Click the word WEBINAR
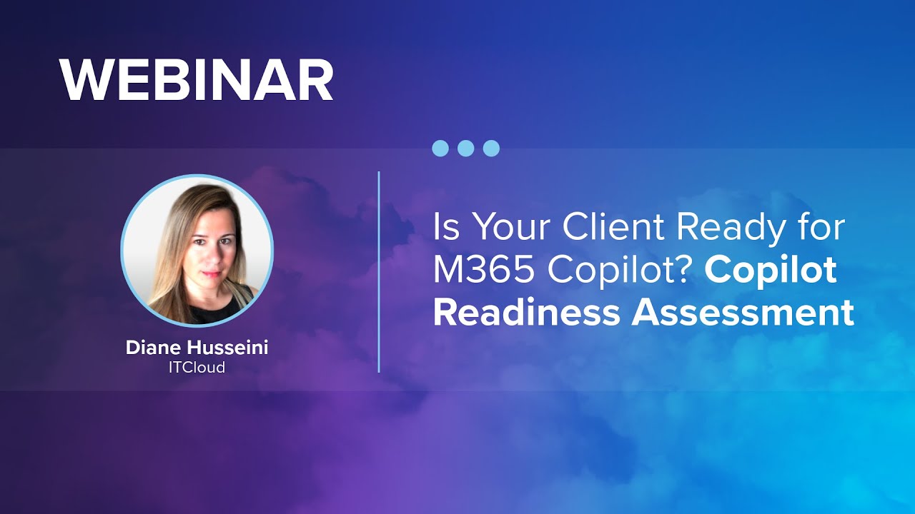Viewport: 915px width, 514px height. pyautogui.click(x=197, y=80)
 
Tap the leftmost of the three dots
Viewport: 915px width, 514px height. pyautogui.click(x=440, y=148)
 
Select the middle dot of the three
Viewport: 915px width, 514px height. pyautogui.click(x=465, y=148)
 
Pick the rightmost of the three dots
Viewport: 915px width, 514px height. pyautogui.click(x=491, y=148)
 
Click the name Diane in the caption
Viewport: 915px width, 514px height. pyautogui.click(x=153, y=348)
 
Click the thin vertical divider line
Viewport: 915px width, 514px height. pyautogui.click(x=378, y=271)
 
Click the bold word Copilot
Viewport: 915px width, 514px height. pyautogui.click(x=771, y=271)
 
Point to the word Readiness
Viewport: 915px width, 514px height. pyautogui.click(x=526, y=313)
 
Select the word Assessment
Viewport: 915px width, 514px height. pyautogui.click(x=743, y=313)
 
